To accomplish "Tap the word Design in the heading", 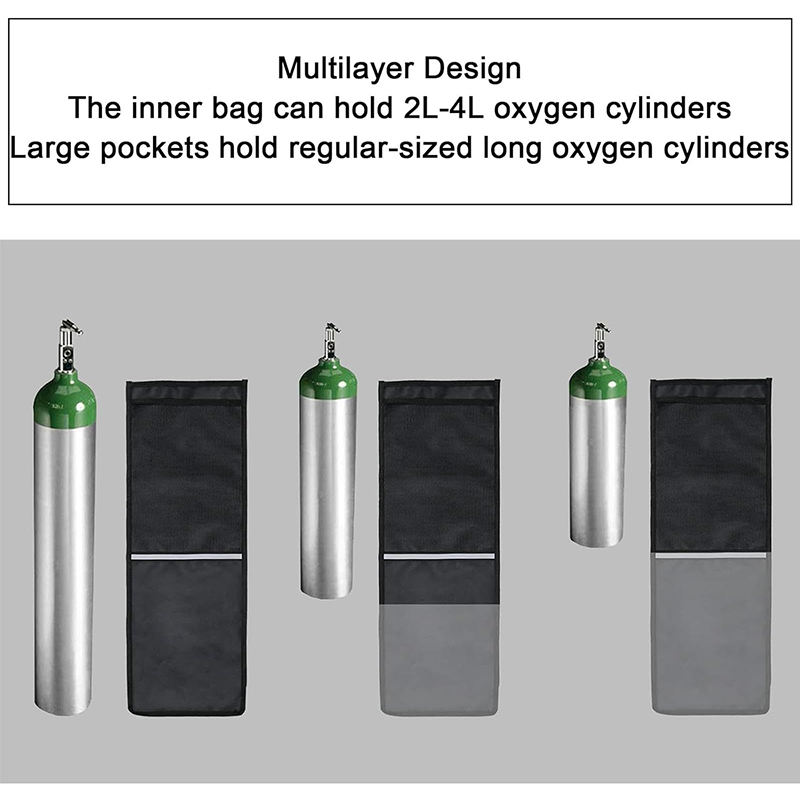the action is (474, 69).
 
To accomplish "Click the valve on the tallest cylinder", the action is (68, 340).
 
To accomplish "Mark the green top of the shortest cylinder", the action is (598, 381).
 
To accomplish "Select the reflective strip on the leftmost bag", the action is (187, 555).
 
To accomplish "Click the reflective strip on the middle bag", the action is (439, 555).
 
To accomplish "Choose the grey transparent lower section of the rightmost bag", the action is (709, 630).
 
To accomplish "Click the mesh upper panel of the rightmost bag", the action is (709, 470).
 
